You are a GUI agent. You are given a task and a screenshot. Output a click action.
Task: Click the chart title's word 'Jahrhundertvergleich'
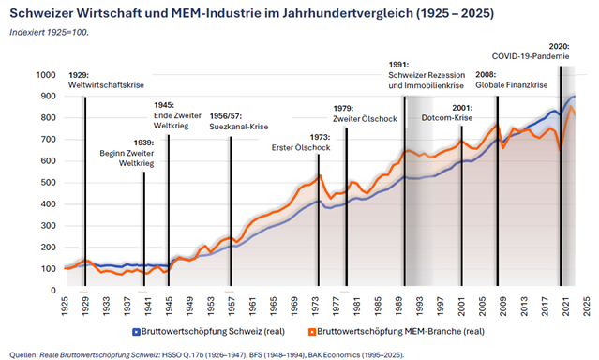tap(347, 13)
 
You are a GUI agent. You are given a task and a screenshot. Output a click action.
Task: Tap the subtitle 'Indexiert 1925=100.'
tap(50, 32)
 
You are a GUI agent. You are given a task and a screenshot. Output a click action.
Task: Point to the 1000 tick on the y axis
tap(46, 75)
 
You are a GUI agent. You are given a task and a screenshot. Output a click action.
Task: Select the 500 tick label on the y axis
tap(48, 183)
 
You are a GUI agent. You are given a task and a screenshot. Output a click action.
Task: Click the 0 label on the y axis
tap(53, 291)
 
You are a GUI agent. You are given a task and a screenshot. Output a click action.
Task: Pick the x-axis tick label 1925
tap(65, 307)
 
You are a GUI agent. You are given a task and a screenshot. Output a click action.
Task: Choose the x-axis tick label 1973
tap(315, 307)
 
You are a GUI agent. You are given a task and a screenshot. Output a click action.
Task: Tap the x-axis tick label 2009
tap(503, 307)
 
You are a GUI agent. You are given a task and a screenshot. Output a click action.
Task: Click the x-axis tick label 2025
tap(587, 307)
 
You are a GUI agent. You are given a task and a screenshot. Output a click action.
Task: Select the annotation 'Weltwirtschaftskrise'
tap(106, 85)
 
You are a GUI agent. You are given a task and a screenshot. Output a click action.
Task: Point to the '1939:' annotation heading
tap(143, 142)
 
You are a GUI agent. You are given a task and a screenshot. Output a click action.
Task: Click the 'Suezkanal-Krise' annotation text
tap(239, 127)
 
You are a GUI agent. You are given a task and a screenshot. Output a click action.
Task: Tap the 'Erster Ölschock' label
tap(301, 147)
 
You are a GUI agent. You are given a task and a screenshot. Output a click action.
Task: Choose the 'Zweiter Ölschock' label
tap(365, 119)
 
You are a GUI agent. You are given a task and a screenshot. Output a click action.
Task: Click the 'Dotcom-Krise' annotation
tap(447, 118)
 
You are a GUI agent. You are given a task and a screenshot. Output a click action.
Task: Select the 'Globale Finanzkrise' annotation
tap(512, 84)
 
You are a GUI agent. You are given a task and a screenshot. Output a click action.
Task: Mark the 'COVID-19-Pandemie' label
tap(531, 56)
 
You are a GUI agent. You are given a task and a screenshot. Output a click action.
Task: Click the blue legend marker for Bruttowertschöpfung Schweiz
tap(136, 332)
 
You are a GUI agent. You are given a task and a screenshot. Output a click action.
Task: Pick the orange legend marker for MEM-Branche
tap(312, 332)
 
